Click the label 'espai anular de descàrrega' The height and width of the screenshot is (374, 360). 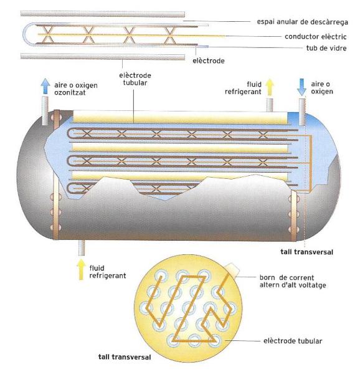point(302,22)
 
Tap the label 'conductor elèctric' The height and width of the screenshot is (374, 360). point(315,37)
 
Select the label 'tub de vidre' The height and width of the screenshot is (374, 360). point(326,48)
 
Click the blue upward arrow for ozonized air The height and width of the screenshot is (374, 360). point(45,86)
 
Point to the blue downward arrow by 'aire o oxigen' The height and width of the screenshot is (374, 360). point(301,87)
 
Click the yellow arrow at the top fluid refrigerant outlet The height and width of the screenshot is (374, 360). point(270,87)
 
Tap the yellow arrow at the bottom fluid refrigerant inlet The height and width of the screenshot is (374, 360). point(81,269)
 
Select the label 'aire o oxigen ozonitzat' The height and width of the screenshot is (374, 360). point(76,89)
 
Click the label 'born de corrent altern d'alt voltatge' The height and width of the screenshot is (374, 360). point(293,281)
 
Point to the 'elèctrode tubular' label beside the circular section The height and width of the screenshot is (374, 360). point(293,341)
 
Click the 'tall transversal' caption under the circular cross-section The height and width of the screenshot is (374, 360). point(125,357)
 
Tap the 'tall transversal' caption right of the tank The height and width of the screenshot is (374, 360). point(306,252)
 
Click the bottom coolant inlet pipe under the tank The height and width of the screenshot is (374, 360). point(82,247)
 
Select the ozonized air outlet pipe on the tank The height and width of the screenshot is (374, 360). point(45,110)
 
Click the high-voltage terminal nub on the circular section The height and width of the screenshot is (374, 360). point(232,270)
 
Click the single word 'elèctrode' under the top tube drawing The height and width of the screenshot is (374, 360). point(209,60)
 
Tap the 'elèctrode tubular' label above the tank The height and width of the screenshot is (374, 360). point(135,79)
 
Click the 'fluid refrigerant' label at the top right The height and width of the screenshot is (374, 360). point(243,88)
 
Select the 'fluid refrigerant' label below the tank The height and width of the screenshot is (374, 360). point(108,272)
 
